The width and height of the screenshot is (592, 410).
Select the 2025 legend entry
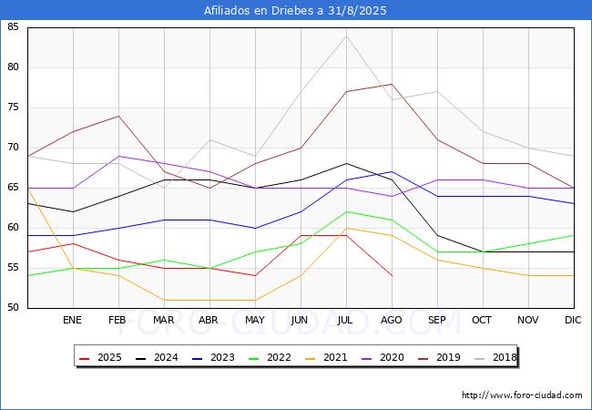click(x=100, y=357)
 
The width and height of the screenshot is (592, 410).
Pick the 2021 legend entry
click(x=326, y=357)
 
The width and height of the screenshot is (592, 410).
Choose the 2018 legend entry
click(x=495, y=357)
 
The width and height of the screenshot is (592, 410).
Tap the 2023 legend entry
click(x=213, y=357)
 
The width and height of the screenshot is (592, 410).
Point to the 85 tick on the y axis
click(x=13, y=26)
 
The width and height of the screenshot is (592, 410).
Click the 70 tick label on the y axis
click(x=13, y=148)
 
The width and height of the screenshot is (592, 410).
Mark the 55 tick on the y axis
click(x=13, y=268)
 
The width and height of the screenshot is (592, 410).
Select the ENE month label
click(x=72, y=320)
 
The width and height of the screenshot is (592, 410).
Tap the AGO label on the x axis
click(x=391, y=320)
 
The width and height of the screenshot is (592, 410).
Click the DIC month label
click(x=573, y=320)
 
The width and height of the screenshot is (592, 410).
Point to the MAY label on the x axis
click(x=255, y=320)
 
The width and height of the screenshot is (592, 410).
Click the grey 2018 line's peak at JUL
click(x=346, y=36)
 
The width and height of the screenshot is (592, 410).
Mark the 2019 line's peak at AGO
click(x=392, y=84)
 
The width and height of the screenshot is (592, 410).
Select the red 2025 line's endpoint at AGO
click(x=392, y=275)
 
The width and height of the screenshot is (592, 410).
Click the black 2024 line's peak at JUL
click(x=346, y=163)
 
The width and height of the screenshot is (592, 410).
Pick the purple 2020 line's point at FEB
click(x=119, y=156)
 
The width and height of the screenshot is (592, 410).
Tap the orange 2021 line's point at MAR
click(x=164, y=300)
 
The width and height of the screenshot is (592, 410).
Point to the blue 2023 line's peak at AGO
click(x=392, y=172)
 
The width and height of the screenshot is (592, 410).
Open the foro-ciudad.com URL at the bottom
click(x=522, y=395)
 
